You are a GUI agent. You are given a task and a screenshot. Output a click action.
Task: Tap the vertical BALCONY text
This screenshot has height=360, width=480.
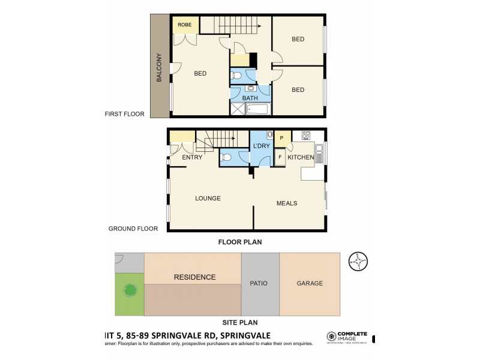pos(160,65)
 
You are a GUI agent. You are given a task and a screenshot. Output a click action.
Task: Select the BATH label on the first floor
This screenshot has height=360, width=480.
pos(250,98)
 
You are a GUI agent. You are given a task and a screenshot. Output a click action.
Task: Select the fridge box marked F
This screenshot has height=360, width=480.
pos(280,157)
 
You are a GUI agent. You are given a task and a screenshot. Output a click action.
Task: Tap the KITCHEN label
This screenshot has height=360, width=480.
pos(301,157)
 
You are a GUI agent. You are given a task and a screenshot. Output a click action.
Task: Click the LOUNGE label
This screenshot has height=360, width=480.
pos(208,199)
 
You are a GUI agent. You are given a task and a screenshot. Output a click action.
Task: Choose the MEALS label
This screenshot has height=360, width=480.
pos(286,203)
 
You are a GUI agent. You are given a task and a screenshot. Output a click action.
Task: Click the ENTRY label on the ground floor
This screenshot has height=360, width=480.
pos(191,157)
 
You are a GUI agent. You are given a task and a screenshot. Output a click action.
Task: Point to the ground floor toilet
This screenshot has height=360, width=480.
pos(226,158)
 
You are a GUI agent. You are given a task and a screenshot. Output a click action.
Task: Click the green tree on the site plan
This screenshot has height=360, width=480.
pos(130,291)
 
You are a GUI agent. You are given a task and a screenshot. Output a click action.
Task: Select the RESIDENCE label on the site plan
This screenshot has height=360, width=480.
pos(194,277)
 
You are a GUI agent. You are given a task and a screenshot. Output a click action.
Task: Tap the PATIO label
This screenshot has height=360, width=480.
pos(259,283)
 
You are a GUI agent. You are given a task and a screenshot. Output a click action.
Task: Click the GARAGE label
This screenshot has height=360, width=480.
pos(310,283)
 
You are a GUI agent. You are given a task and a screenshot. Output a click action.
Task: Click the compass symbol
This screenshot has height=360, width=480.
pos(358,260)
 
